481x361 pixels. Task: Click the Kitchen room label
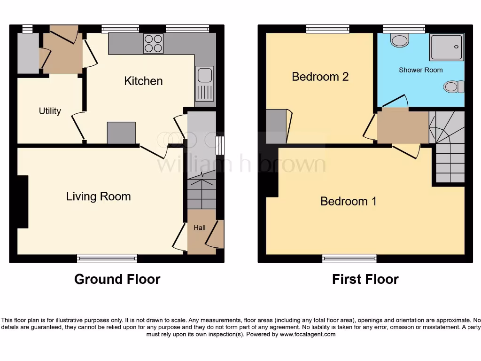tap(143, 81)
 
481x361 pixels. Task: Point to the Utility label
tap(50, 111)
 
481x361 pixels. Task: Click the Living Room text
tap(98, 196)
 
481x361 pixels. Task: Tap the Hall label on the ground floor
tap(200, 228)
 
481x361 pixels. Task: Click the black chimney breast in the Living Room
tap(23, 202)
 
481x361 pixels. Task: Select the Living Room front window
tap(107, 258)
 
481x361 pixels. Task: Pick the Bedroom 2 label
tap(320, 76)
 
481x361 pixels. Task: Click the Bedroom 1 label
tap(348, 201)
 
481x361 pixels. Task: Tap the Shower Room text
tap(420, 70)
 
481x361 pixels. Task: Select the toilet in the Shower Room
tap(454, 86)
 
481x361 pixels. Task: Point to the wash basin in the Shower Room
tap(400, 41)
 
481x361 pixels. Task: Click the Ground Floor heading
tap(117, 279)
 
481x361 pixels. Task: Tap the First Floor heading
tap(365, 279)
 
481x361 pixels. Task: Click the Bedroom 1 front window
tap(349, 258)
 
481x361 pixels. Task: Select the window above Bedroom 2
tap(327, 29)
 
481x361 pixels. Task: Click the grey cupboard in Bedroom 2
tap(276, 126)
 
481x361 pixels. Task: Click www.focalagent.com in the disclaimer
tap(308, 334)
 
